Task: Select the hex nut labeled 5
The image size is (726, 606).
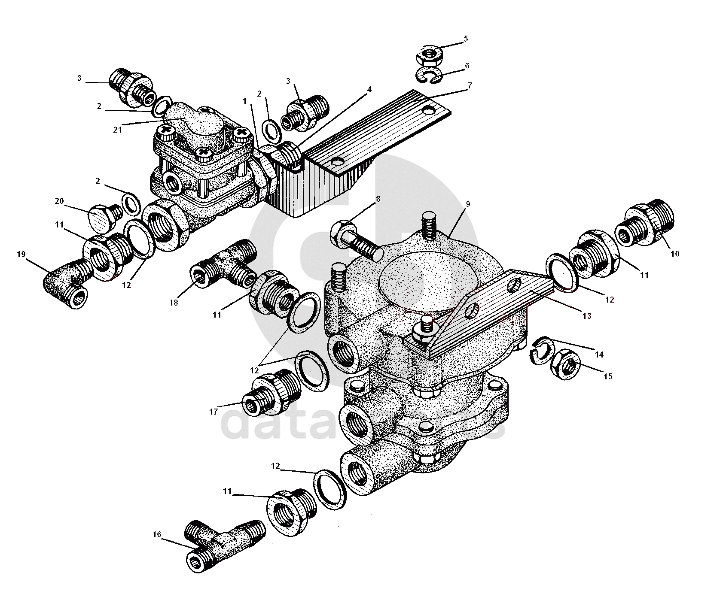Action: (x=428, y=55)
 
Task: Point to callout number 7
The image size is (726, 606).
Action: (x=470, y=86)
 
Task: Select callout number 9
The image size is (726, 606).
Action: (x=468, y=204)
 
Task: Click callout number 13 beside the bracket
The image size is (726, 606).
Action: (x=587, y=316)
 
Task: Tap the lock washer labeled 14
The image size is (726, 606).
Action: (x=543, y=348)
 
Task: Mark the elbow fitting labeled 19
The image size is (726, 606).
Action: (x=67, y=283)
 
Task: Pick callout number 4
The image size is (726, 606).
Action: (x=369, y=90)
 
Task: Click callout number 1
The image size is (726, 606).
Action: (x=245, y=101)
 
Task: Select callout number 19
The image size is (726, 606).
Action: (x=21, y=254)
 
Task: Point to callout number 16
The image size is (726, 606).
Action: (x=156, y=534)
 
